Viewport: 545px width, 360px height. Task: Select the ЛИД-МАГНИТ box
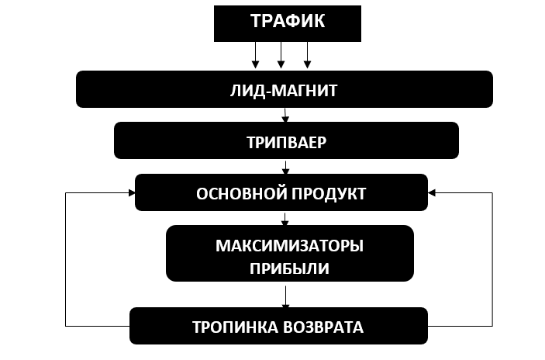pyautogui.click(x=284, y=89)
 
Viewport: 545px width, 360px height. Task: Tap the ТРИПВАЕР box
pyautogui.click(x=286, y=140)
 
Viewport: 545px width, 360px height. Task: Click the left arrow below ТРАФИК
pyautogui.click(x=255, y=56)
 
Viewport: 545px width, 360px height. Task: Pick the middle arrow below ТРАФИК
pyautogui.click(x=281, y=56)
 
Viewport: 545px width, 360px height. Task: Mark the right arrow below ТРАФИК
pyautogui.click(x=307, y=56)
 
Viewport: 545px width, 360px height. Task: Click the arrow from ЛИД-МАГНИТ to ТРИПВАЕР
pyautogui.click(x=285, y=115)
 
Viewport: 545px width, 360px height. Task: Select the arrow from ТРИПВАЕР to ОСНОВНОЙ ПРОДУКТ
pyautogui.click(x=286, y=166)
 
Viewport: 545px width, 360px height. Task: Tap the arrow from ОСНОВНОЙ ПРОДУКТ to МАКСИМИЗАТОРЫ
pyautogui.click(x=286, y=218)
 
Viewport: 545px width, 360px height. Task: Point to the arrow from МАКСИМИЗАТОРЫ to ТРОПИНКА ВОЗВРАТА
pyautogui.click(x=286, y=295)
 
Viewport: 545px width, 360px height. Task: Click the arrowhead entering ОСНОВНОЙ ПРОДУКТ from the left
pyautogui.click(x=130, y=192)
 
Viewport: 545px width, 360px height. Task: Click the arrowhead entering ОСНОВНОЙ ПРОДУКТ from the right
pyautogui.click(x=432, y=192)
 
